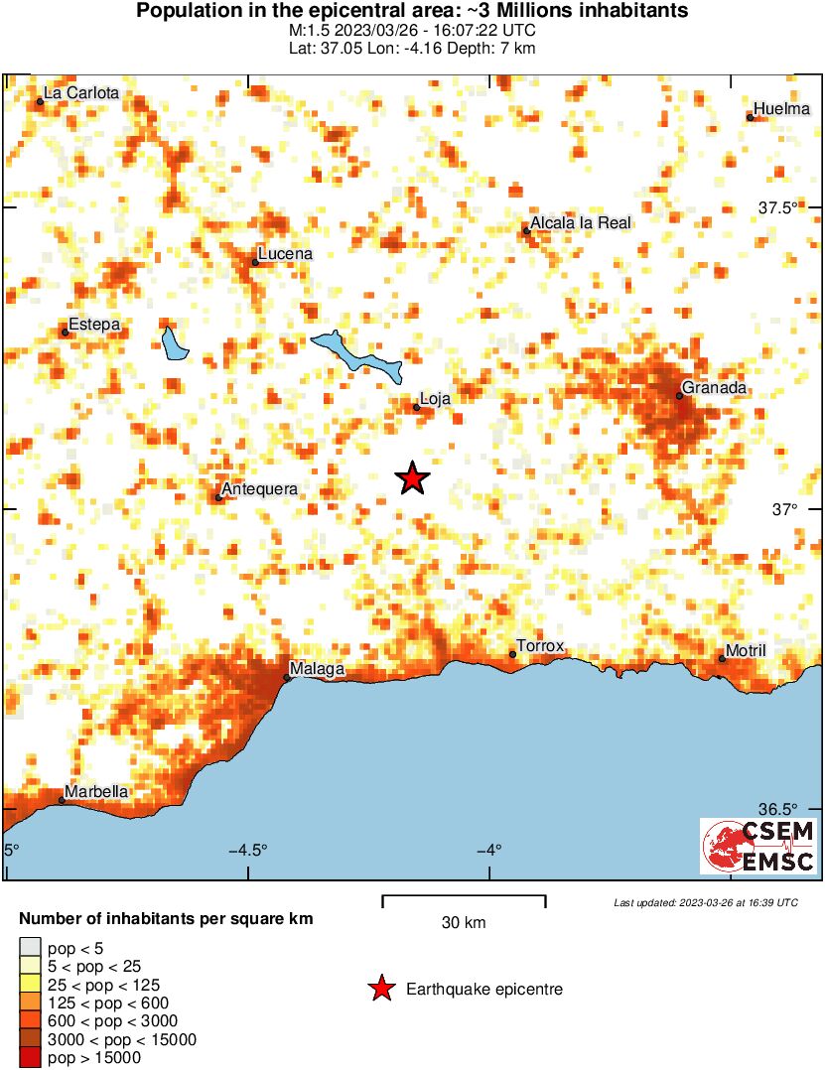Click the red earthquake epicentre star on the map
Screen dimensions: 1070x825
pyautogui.click(x=412, y=478)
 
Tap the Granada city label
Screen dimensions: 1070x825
pyautogui.click(x=714, y=388)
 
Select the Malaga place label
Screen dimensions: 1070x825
pyautogui.click(x=317, y=670)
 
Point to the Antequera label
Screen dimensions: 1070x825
pyautogui.click(x=259, y=489)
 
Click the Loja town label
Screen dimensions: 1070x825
pyautogui.click(x=436, y=399)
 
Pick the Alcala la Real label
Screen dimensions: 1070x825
pyautogui.click(x=581, y=223)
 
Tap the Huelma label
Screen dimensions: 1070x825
pyautogui.click(x=782, y=109)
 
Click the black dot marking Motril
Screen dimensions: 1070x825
pyautogui.click(x=722, y=659)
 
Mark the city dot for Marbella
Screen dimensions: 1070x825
pyautogui.click(x=62, y=800)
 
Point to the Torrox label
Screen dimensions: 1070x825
pyautogui.click(x=540, y=646)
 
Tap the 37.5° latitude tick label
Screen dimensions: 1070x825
pyautogui.click(x=778, y=208)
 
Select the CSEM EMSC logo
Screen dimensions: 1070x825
pyautogui.click(x=759, y=847)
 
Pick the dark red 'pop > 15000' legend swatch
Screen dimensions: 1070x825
pyautogui.click(x=31, y=1058)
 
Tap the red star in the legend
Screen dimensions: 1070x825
pyautogui.click(x=380, y=989)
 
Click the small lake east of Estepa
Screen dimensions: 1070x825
pyautogui.click(x=175, y=343)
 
